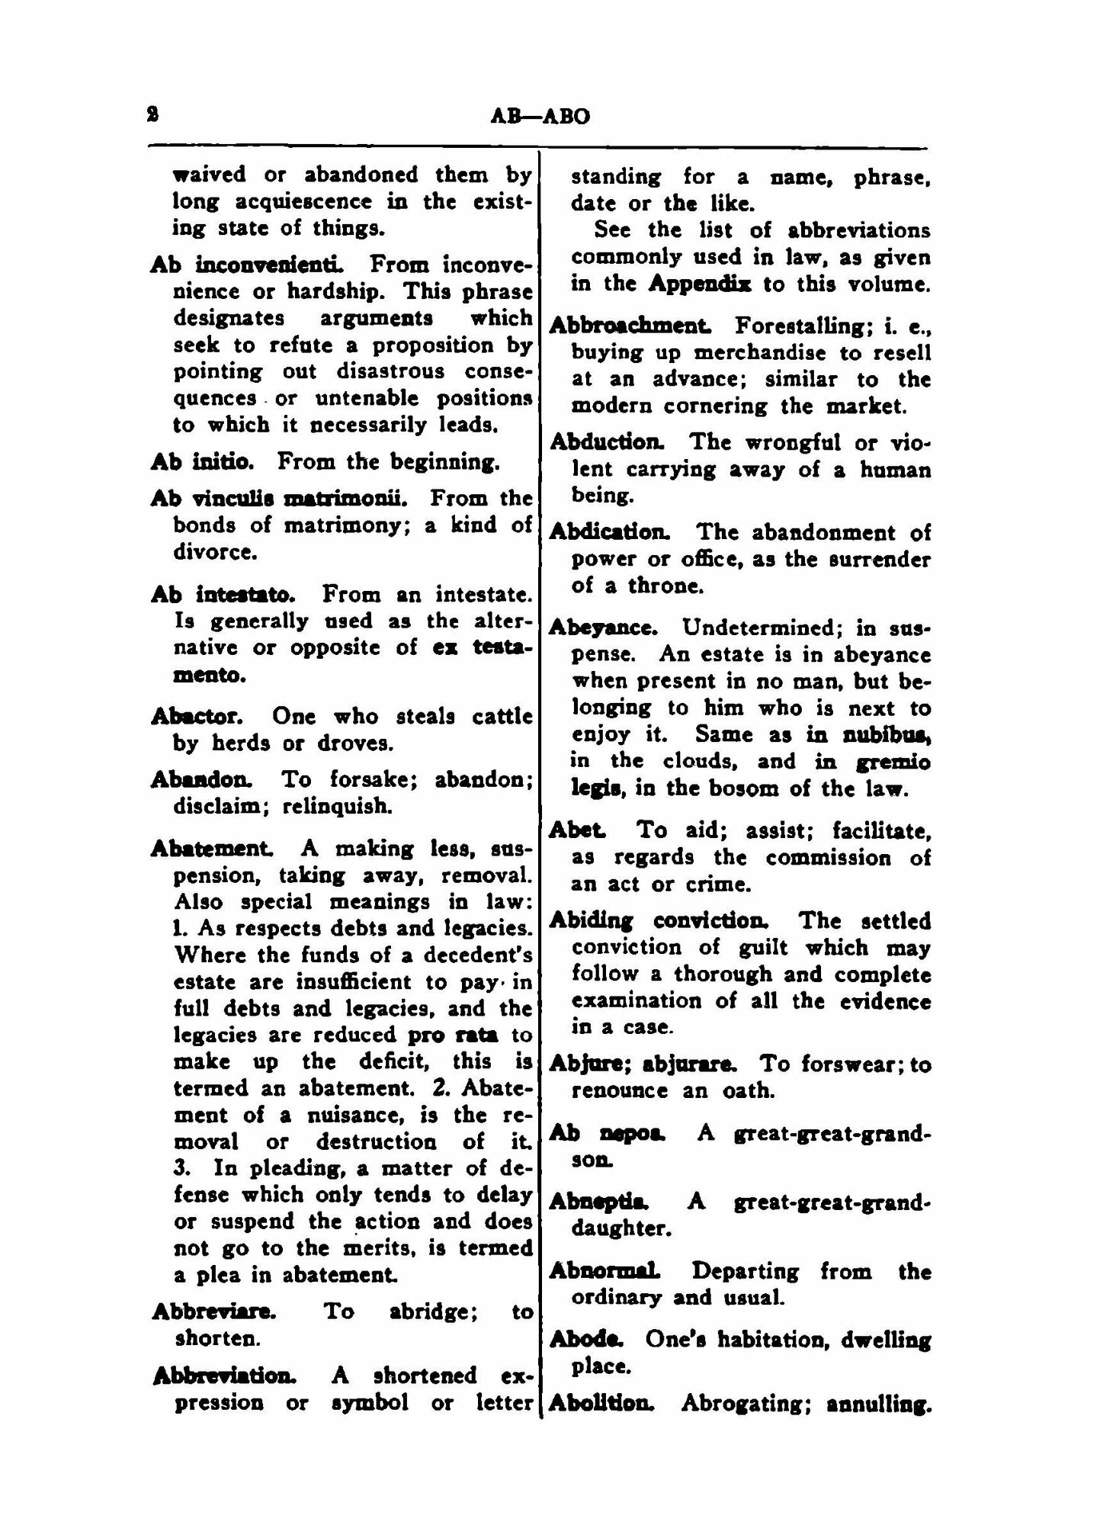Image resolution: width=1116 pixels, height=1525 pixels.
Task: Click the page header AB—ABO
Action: pos(540,117)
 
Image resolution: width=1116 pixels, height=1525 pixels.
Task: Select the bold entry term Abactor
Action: pos(197,716)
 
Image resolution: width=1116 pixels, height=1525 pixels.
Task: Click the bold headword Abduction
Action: pos(606,441)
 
